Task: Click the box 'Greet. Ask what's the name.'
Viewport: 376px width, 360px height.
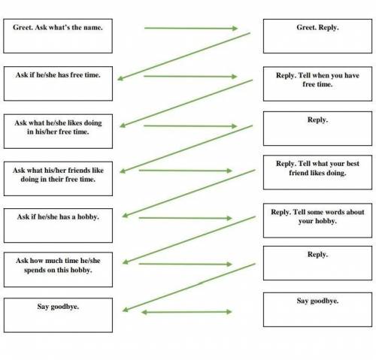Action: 58,36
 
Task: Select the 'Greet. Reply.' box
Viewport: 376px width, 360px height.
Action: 317,36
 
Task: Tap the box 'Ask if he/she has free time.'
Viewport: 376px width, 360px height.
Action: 58,83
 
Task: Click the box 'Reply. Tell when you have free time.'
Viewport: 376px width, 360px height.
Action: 317,84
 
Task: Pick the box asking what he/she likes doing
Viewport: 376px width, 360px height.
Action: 58,132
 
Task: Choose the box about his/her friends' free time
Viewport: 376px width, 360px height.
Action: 58,179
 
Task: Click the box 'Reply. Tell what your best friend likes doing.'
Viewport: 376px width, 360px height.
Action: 317,172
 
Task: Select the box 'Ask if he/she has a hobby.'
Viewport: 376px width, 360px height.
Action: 58,225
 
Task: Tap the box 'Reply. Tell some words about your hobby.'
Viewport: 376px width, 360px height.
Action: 317,220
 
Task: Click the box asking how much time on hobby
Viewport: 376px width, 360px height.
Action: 58,270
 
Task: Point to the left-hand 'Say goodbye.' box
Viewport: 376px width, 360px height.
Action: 58,315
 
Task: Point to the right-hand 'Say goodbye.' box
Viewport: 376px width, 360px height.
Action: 317,310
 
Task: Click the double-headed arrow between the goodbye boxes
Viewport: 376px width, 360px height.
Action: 186,312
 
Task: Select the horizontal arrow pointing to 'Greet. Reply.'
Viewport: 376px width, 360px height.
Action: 191,29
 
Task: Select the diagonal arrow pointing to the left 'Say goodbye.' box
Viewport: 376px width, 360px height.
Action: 189,287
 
